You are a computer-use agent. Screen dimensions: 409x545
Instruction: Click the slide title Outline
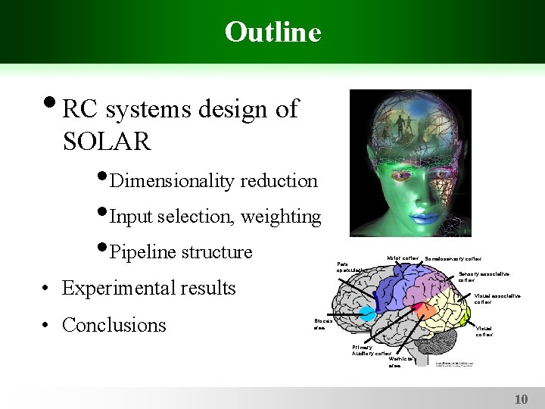click(x=272, y=32)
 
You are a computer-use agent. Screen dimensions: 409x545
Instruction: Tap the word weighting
click(x=281, y=217)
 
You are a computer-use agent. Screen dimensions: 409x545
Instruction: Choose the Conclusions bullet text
click(x=114, y=325)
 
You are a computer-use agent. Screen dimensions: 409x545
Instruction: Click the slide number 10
click(x=521, y=398)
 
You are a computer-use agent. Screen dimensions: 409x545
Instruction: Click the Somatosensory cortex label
click(x=453, y=259)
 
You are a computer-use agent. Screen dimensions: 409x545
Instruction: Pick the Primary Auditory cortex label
click(x=371, y=350)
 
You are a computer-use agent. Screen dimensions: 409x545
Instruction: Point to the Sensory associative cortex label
click(x=484, y=276)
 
